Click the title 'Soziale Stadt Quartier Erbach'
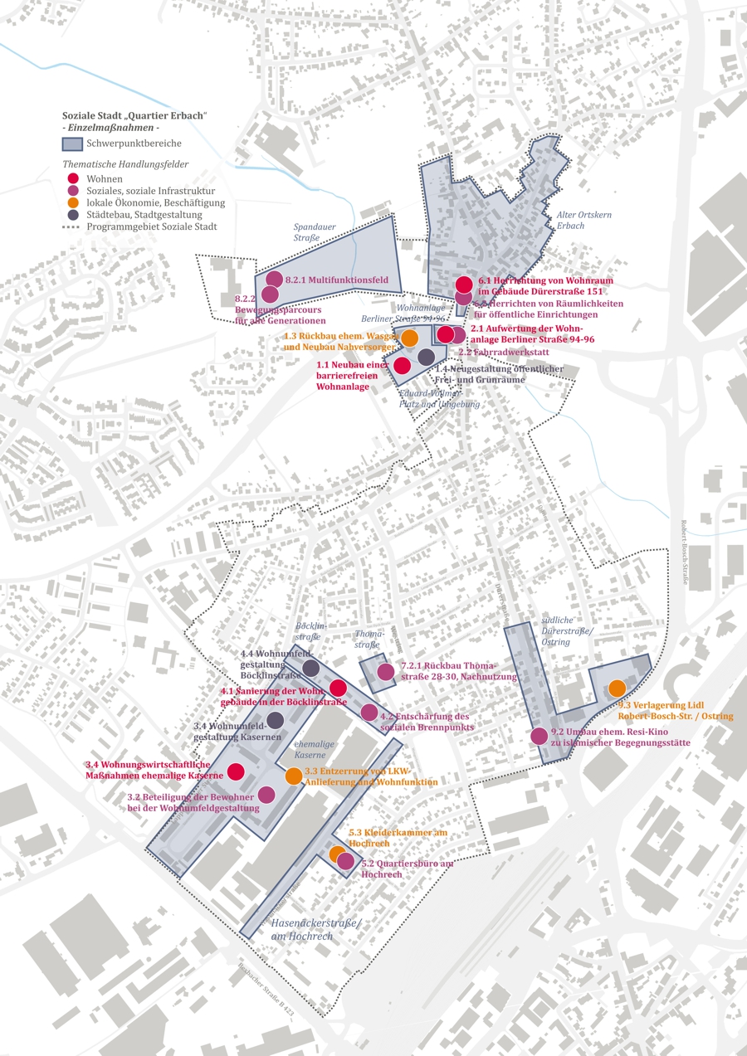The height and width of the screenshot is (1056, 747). [x=134, y=114]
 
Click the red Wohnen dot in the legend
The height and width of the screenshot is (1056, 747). [x=73, y=178]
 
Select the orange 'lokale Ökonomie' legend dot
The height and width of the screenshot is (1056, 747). [x=73, y=202]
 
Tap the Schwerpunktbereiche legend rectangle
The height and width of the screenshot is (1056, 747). [x=75, y=144]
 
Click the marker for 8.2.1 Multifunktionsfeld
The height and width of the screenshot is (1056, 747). [x=274, y=280]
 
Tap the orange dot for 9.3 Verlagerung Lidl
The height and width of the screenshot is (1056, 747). [x=617, y=688]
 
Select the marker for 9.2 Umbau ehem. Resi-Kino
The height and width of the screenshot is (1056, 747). [x=539, y=735]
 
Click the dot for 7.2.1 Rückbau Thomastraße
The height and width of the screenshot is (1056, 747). [x=385, y=672]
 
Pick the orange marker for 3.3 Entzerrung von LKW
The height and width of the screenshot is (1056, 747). [x=294, y=776]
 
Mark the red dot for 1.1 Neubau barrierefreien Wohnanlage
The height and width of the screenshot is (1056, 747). [x=403, y=365]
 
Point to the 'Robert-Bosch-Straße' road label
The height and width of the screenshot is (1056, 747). [x=684, y=552]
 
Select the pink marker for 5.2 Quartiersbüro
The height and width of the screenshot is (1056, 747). [x=345, y=861]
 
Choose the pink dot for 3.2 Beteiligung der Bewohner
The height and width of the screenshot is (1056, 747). [x=266, y=795]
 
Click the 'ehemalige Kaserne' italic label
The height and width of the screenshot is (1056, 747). [x=310, y=750]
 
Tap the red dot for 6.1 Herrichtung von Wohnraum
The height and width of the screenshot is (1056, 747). [x=464, y=285]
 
